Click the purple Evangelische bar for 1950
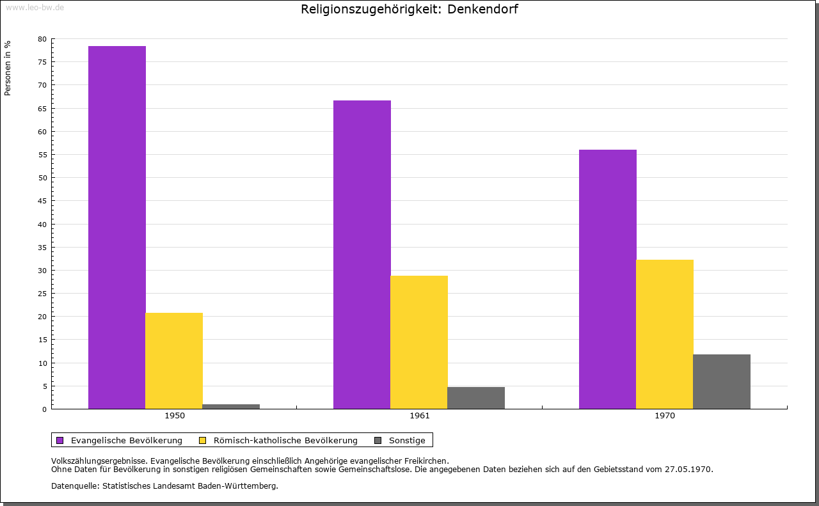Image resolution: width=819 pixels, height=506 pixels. (117, 227)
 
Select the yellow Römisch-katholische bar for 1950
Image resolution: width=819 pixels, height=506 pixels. (174, 361)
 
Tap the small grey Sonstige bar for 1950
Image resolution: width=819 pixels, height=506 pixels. (231, 406)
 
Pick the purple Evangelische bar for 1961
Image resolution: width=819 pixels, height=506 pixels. (362, 255)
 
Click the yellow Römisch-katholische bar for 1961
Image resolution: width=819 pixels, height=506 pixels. (419, 342)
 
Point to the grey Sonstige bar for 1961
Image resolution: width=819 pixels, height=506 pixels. (476, 398)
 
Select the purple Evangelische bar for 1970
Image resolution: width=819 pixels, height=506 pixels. (608, 279)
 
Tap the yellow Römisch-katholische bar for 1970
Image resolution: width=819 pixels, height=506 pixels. (665, 334)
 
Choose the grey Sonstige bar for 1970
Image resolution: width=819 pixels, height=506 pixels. (722, 381)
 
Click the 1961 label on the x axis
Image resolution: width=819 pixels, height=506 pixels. (420, 416)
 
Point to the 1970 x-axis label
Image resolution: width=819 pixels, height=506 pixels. (665, 416)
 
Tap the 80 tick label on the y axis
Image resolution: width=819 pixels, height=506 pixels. (42, 39)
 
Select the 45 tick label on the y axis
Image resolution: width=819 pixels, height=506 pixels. (42, 201)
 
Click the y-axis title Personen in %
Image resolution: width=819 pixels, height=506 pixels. (8, 68)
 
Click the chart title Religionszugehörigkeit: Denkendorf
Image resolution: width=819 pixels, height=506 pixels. (409, 10)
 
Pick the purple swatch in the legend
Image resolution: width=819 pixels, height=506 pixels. (60, 440)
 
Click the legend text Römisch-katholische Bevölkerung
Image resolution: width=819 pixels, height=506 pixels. (285, 440)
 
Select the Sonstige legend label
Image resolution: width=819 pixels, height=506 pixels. (407, 440)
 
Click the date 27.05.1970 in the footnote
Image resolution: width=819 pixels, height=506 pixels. (687, 469)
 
